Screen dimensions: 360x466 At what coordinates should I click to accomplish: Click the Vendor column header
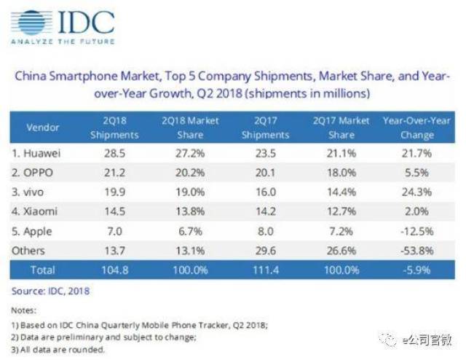tap(43, 127)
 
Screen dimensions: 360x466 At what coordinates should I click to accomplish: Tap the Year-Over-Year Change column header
tap(416, 127)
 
